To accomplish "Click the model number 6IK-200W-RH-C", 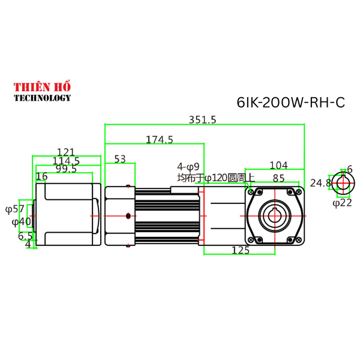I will [x=291, y=103].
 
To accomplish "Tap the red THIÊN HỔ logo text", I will [x=42, y=87].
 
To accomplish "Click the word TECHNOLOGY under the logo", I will [x=42, y=98].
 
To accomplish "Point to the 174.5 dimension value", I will [x=160, y=139].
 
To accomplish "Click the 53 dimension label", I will [x=120, y=158].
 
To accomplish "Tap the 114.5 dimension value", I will [x=66, y=161].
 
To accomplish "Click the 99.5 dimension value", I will [x=66, y=169].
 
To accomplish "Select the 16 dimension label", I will [x=41, y=176].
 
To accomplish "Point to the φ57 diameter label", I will [x=14, y=209].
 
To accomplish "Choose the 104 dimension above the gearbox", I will [x=278, y=165].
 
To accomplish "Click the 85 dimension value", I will [x=278, y=178].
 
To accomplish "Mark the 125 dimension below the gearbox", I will [x=240, y=250].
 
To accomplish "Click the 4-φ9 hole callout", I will [x=188, y=166].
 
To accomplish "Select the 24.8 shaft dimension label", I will [x=320, y=182].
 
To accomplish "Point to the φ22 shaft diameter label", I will [x=341, y=203].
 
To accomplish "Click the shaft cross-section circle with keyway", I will [x=343, y=184].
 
